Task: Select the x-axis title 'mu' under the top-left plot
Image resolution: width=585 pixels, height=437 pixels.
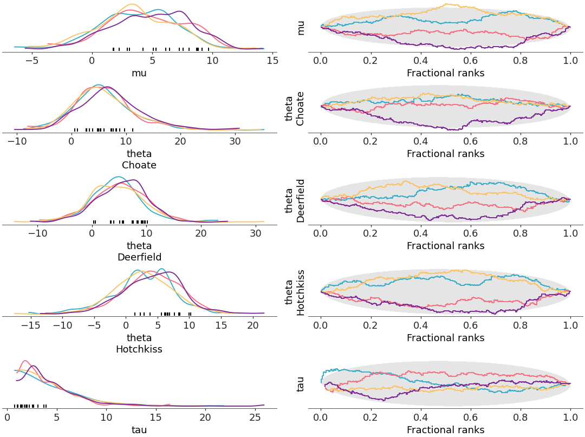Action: pyautogui.click(x=139, y=73)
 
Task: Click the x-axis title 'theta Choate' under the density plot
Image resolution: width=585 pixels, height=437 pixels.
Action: pyautogui.click(x=139, y=159)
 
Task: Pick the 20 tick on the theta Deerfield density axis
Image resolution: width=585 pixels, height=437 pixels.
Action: pyautogui.click(x=201, y=233)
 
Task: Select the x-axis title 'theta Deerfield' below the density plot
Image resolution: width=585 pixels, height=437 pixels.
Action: pyautogui.click(x=139, y=251)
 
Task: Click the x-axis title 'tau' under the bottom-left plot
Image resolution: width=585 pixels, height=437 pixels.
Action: pyautogui.click(x=139, y=430)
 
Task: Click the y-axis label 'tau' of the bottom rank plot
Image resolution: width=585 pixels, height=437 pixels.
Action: pyautogui.click(x=301, y=384)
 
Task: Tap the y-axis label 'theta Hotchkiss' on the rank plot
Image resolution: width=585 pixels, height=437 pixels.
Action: pyautogui.click(x=295, y=292)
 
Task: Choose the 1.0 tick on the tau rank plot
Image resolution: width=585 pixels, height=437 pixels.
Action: pyautogui.click(x=570, y=418)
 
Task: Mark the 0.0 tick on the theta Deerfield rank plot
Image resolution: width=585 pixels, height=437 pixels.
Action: pyautogui.click(x=321, y=233)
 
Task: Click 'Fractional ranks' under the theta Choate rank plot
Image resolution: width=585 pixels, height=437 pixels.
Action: pyautogui.click(x=445, y=154)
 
